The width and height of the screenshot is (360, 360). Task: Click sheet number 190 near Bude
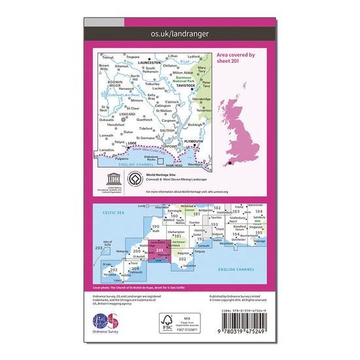tap(154, 226)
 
